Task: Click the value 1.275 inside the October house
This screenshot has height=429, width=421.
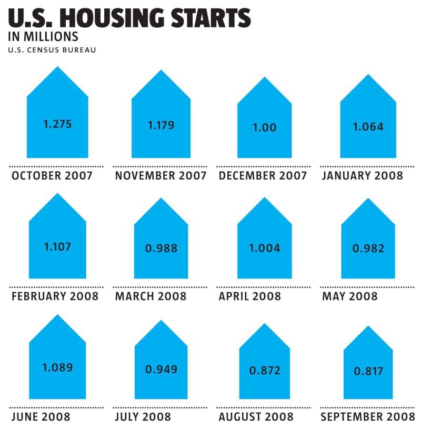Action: (57, 124)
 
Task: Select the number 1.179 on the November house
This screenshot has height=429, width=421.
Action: (161, 125)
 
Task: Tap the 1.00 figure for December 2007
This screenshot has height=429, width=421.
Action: (265, 127)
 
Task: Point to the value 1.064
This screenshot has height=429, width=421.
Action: (368, 127)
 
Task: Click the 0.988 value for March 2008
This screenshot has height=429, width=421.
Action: (161, 248)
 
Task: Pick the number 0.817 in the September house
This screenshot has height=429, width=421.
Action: (368, 371)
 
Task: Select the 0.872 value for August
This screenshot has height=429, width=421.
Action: (265, 371)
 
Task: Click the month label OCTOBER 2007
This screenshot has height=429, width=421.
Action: (52, 176)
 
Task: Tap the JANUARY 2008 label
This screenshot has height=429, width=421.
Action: (363, 176)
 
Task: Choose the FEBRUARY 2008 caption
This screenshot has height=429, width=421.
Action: (55, 296)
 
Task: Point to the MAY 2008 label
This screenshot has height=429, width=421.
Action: (350, 296)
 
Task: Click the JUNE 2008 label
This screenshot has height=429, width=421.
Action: (41, 417)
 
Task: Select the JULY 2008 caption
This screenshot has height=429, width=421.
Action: (143, 417)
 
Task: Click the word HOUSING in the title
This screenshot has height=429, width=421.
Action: (112, 18)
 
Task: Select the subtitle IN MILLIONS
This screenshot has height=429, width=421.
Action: (43, 37)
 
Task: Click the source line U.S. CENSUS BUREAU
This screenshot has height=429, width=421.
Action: (52, 50)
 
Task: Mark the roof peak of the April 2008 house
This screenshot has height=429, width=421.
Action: (265, 197)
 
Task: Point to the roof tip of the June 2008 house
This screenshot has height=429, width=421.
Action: (57, 315)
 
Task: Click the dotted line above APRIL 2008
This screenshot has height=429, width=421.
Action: (264, 287)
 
